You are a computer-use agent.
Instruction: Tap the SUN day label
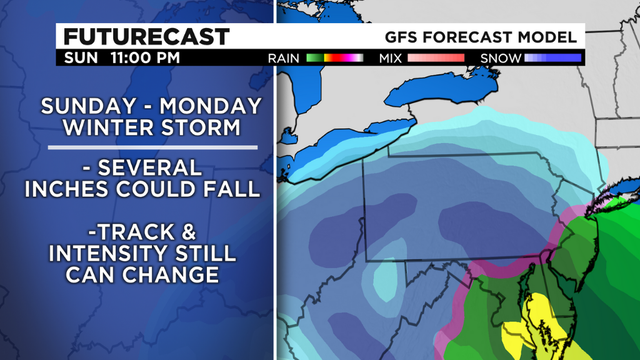(x=81, y=59)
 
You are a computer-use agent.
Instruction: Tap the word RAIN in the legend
(x=285, y=59)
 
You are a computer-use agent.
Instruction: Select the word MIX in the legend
(x=391, y=59)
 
